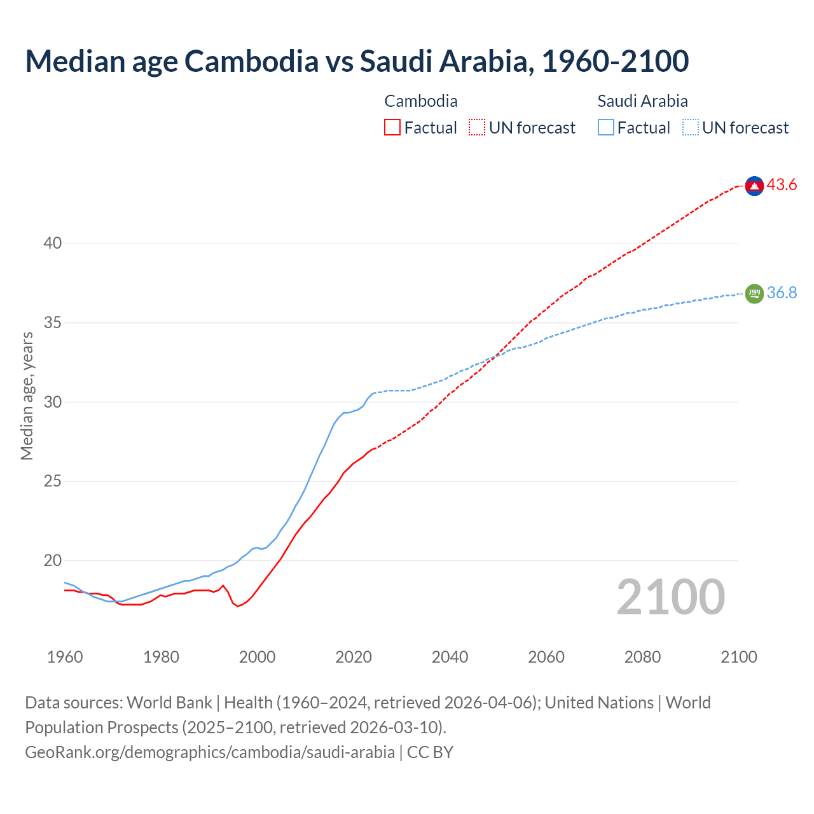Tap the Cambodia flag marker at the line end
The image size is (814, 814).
point(754,186)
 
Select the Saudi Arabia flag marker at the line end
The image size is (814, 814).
point(754,293)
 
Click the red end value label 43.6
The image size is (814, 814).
point(782,185)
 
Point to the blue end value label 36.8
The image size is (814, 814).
point(782,293)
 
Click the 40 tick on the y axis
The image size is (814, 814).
point(53,244)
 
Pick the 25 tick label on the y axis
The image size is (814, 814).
point(53,481)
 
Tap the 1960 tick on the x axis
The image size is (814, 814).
point(65,657)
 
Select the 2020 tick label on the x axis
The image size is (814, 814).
point(354,657)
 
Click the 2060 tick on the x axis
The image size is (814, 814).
point(546,657)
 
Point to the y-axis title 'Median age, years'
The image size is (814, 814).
point(27,396)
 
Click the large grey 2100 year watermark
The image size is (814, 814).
point(670,597)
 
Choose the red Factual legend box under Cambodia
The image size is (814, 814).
point(392,128)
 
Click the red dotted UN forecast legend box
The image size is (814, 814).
point(477,128)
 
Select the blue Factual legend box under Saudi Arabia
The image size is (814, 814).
point(606,128)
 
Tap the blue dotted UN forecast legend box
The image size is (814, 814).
point(691,128)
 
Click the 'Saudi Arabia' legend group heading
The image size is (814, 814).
point(642,101)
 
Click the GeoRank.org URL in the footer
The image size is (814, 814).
point(210,752)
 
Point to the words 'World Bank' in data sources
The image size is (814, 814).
point(169,703)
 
